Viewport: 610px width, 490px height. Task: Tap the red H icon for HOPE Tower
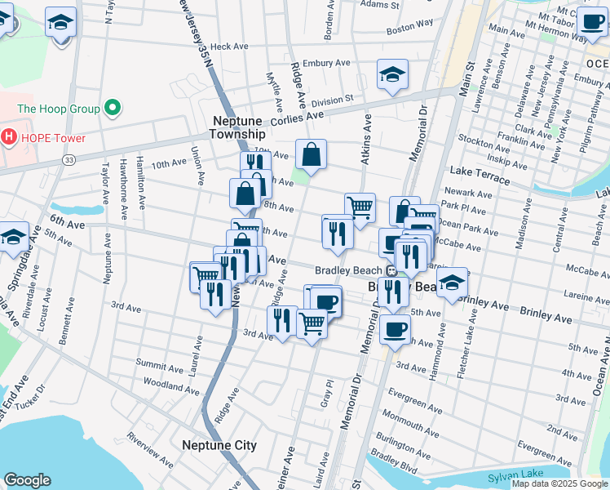9,136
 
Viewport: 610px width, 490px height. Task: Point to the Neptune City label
219,445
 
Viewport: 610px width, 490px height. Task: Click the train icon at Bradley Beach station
391,270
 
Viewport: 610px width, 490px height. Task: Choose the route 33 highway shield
68,160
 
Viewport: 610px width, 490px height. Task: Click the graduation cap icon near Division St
392,75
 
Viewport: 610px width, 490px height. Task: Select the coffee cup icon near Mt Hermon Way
592,21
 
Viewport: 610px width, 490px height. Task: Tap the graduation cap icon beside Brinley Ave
451,283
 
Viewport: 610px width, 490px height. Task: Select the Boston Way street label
409,27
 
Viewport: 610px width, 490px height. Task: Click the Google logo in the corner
27,480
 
